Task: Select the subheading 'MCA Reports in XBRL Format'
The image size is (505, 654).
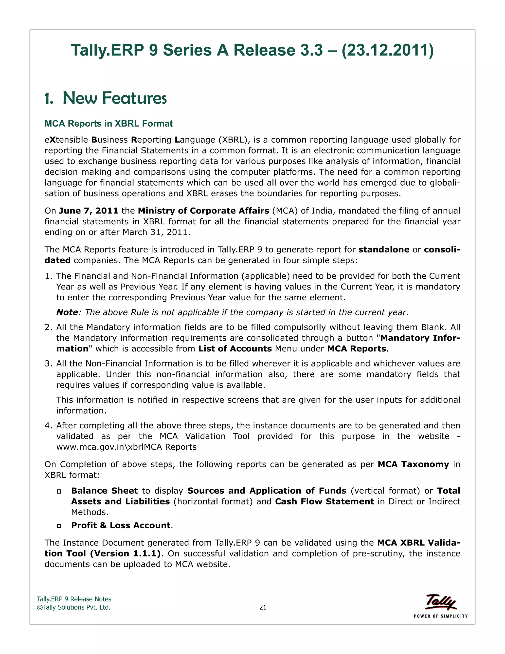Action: coord(108,123)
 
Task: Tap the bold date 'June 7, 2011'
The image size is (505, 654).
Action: coord(89,211)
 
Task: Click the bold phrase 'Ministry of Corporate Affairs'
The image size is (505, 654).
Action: coord(203,211)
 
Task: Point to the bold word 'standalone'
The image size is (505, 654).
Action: coord(384,250)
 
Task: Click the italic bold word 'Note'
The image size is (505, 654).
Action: coord(67,312)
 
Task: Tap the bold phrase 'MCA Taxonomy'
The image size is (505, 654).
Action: coord(413,464)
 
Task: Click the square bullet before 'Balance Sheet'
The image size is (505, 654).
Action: coord(59,491)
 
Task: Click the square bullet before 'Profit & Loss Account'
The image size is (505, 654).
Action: coord(59,526)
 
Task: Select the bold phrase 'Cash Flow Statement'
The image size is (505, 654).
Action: coord(324,501)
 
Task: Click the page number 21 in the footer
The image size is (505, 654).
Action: coord(263,607)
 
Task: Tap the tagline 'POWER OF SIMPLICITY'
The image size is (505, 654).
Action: coord(440,616)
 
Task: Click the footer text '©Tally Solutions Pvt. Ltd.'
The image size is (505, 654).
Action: coord(73,607)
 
